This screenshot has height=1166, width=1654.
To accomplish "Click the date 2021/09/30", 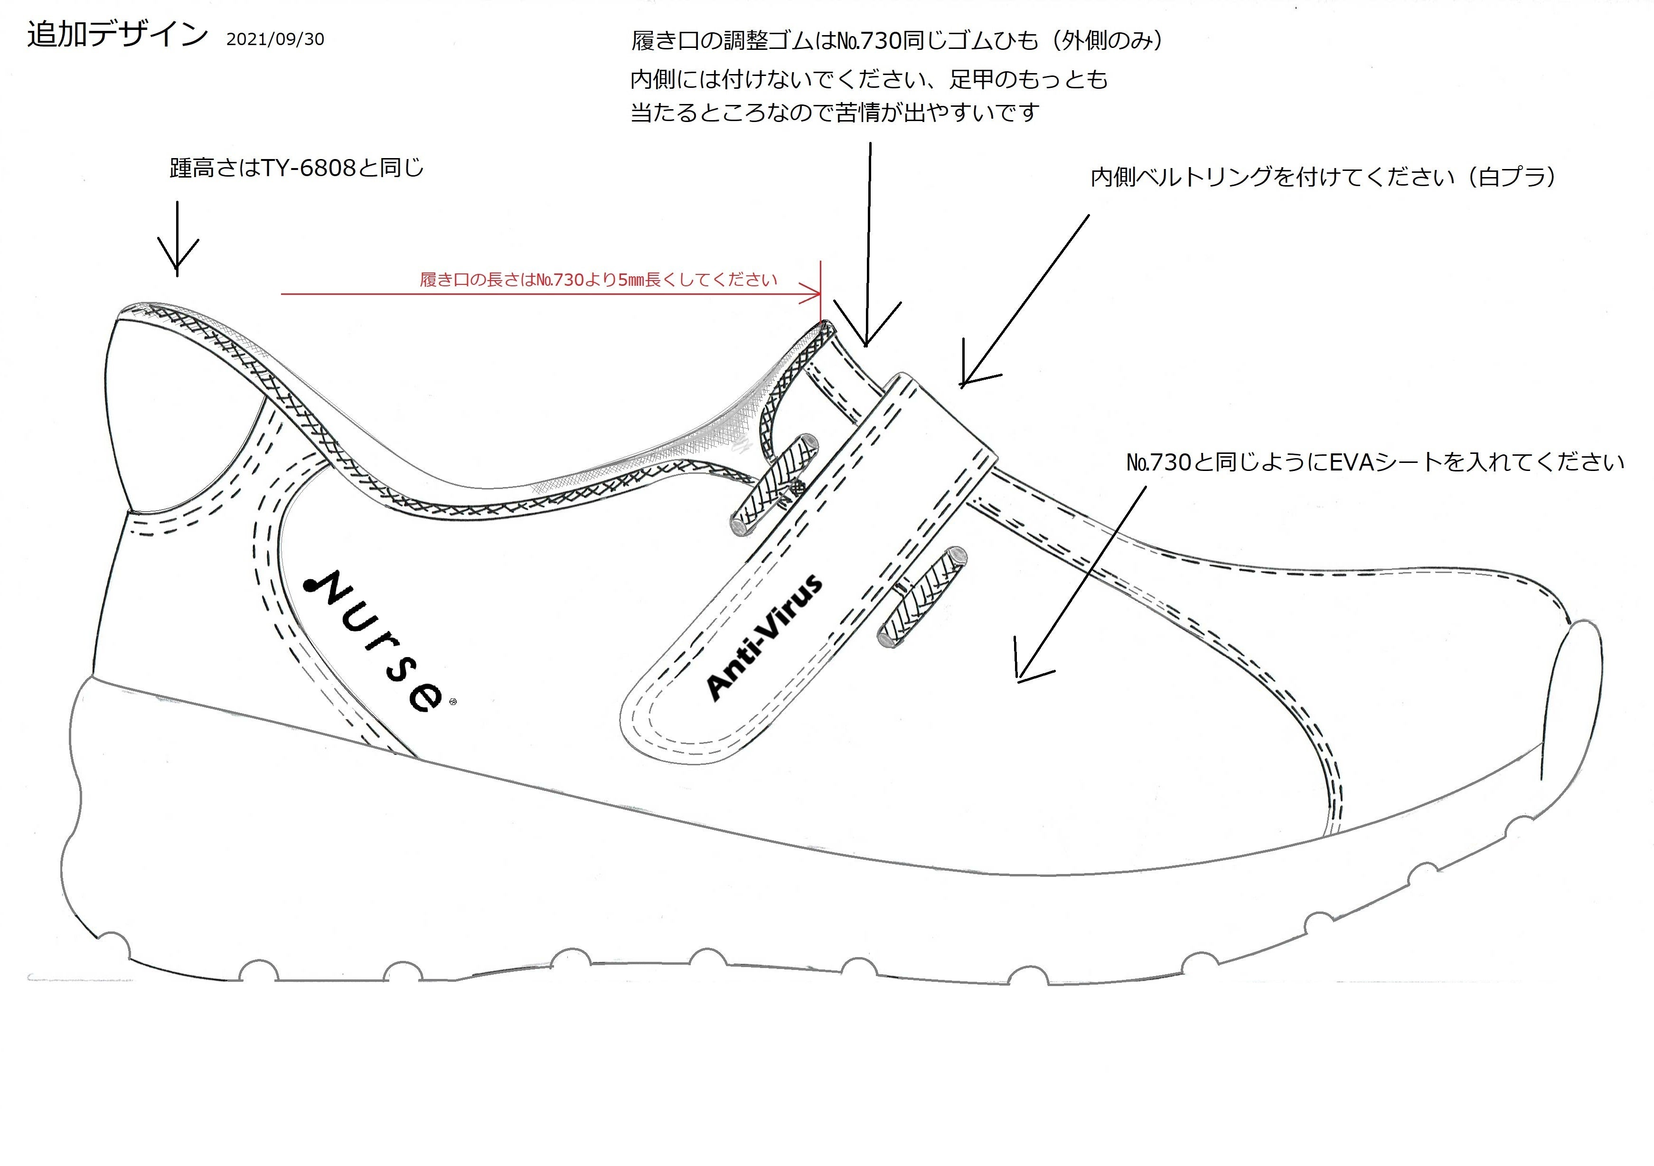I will pos(275,39).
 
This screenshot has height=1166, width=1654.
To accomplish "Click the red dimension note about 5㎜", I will pos(598,280).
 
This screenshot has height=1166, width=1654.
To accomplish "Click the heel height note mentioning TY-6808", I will pos(296,168).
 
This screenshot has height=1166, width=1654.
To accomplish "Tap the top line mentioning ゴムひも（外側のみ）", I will pos(897,40).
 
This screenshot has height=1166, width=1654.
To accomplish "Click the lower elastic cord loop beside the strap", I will pos(922,595).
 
